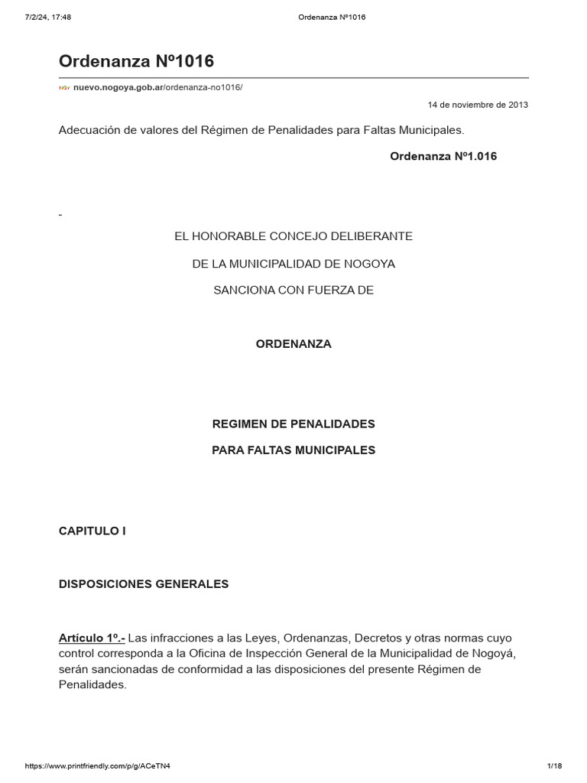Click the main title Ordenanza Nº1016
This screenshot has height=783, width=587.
click(137, 61)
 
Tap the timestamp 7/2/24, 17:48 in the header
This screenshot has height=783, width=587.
click(48, 17)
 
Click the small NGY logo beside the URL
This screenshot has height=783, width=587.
click(64, 88)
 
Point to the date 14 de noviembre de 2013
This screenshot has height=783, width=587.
click(478, 105)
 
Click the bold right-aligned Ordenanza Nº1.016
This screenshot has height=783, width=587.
click(443, 156)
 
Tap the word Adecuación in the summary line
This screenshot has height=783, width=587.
click(91, 130)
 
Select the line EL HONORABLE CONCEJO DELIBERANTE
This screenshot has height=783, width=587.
click(293, 236)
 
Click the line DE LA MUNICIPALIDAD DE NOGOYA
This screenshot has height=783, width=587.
click(293, 264)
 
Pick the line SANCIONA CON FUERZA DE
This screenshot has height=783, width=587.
click(293, 291)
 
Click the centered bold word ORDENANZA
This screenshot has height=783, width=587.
click(293, 344)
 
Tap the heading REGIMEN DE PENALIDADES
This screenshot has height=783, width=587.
click(293, 424)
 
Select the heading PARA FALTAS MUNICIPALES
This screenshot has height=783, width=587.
click(293, 450)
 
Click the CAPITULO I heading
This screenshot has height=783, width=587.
click(92, 531)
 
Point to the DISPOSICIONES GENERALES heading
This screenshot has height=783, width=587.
click(144, 584)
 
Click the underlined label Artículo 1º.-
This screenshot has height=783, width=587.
click(92, 638)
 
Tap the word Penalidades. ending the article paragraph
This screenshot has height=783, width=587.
click(92, 685)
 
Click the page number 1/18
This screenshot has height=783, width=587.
click(554, 766)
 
